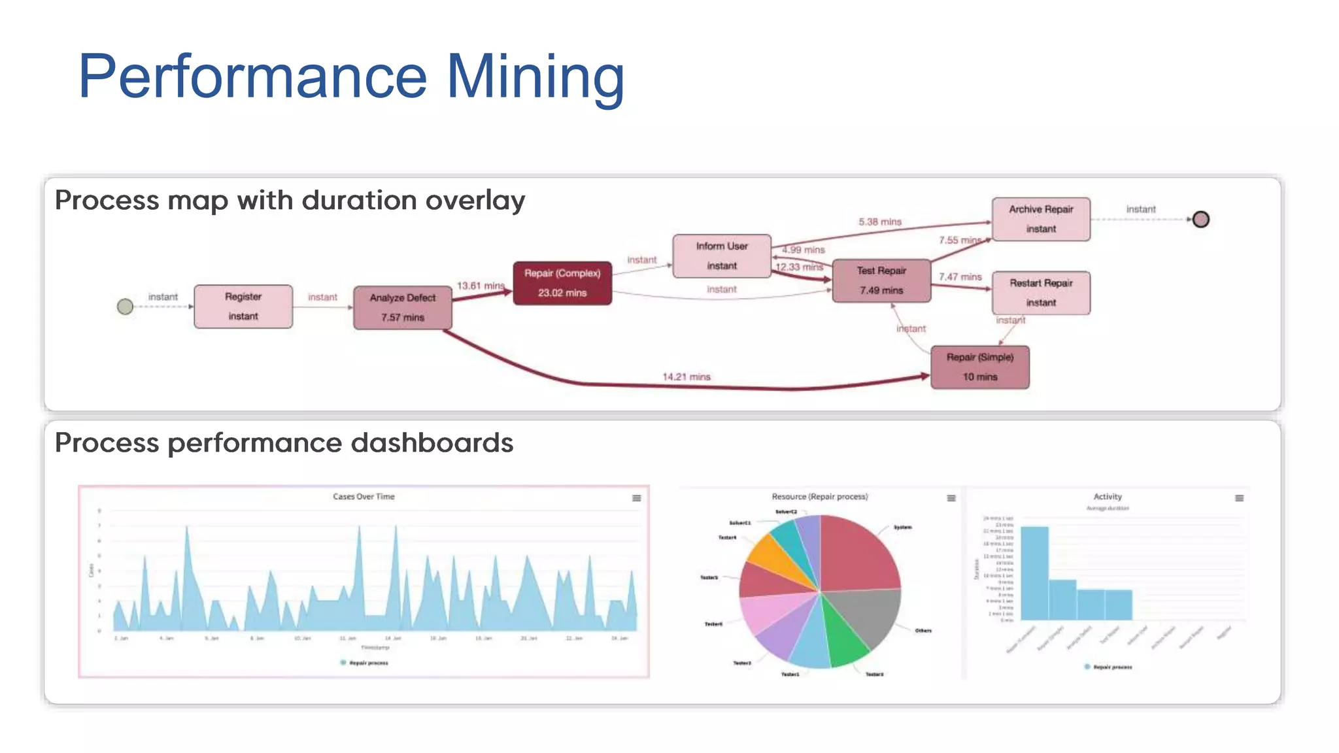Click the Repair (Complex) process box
[x=562, y=283]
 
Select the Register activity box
[x=243, y=307]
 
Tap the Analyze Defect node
[x=403, y=307]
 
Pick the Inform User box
[x=722, y=256]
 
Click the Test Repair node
[x=881, y=280]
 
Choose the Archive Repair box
[x=1041, y=219]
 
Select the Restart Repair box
[x=1041, y=293]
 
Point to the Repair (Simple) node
[x=979, y=367]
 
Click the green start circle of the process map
[x=125, y=306]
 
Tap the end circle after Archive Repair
[x=1200, y=220]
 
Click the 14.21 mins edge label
[x=686, y=377]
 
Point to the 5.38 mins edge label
[x=879, y=222]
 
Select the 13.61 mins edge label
[x=481, y=286]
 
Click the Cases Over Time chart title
[x=364, y=497]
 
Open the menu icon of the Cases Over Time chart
[x=636, y=498]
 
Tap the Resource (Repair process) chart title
[x=819, y=497]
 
